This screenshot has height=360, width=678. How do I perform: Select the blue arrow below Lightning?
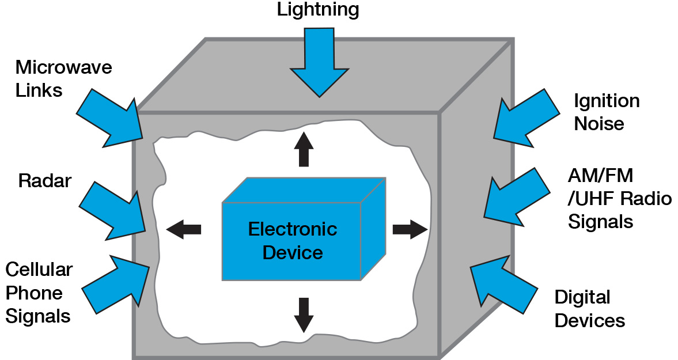pos(319,63)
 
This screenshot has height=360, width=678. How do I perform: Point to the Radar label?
pos(44,181)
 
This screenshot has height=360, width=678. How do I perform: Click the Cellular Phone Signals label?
pos(39,293)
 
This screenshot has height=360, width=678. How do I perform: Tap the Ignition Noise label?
pos(606,112)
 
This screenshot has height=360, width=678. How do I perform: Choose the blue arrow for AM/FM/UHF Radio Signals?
pos(516,196)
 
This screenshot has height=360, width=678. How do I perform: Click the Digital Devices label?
pos(589,309)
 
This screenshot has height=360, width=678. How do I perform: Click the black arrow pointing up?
pos(304,149)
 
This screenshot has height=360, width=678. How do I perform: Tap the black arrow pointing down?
pos(304,314)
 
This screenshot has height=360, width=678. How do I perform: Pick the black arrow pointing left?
pos(184,229)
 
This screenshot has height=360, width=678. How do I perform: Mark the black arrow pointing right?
pos(410,229)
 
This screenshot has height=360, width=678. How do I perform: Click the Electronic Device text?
pos(293,241)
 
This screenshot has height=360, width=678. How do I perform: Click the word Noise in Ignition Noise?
pos(599,123)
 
